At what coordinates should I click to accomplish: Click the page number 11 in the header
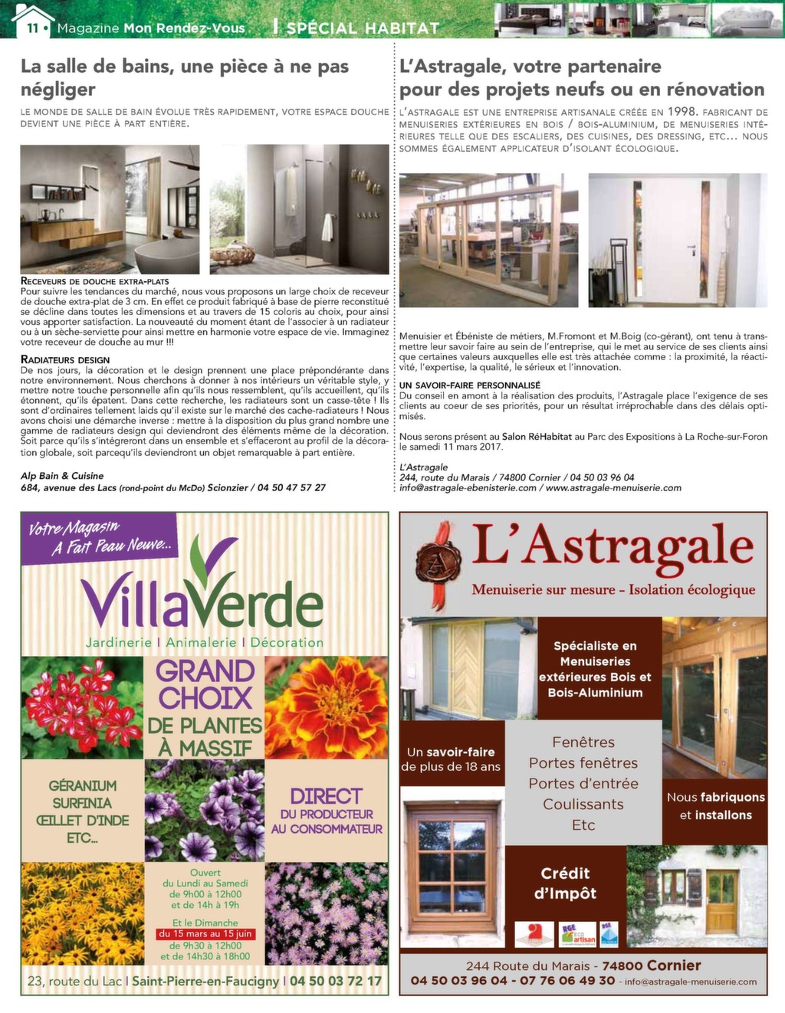pos(32,28)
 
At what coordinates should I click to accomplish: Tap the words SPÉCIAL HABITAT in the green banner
pos(363,28)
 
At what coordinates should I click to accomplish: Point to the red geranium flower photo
pos(82,707)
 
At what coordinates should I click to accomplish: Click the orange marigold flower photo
pos(326,707)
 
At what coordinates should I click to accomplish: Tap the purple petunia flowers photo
pos(204,809)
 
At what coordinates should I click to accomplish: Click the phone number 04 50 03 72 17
pos(335,981)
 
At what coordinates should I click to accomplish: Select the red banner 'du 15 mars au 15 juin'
pos(205,934)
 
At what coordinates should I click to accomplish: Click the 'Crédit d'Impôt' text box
pos(565,884)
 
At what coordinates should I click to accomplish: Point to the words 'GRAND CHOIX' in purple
pos(205,684)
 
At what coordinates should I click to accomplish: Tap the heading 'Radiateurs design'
pos(65,359)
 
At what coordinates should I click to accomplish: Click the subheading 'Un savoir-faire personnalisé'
pos(470,385)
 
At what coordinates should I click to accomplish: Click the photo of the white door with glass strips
pos(678,240)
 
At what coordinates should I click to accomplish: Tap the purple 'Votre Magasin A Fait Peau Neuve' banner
pos(100,537)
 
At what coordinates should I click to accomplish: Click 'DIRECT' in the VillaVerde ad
pos(326,796)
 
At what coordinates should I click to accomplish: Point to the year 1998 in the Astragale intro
pos(682,112)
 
